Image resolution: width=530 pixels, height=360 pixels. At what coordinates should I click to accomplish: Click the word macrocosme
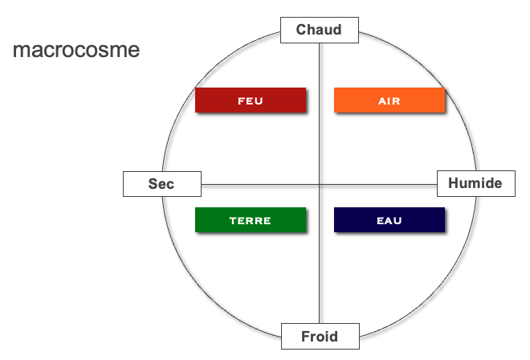76,50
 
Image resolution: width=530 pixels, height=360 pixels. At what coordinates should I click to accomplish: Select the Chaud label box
320,30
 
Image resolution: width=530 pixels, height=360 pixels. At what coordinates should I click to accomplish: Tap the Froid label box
320,337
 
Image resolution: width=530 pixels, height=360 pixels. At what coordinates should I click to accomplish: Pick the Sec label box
162,184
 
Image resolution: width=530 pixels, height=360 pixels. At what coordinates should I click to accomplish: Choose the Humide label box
476,184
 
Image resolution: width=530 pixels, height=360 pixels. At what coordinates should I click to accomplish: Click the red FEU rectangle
251,100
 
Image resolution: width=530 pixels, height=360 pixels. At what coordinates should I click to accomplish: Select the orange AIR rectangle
389,100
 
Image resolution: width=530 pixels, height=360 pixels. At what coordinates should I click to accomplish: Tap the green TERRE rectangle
251,220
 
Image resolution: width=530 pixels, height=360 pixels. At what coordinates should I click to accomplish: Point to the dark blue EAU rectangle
389,220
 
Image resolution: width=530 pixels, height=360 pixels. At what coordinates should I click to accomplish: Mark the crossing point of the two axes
320,185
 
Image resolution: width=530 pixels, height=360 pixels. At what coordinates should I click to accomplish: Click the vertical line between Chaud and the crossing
320,113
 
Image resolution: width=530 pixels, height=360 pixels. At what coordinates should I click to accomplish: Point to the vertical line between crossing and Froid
320,254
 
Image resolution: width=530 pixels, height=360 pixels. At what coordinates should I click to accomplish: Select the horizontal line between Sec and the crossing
260,185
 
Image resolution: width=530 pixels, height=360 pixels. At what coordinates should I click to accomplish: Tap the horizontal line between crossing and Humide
378,185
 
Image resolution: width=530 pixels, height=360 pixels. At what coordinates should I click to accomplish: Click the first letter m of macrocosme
21,51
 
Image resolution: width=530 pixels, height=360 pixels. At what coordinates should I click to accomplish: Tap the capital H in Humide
453,183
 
